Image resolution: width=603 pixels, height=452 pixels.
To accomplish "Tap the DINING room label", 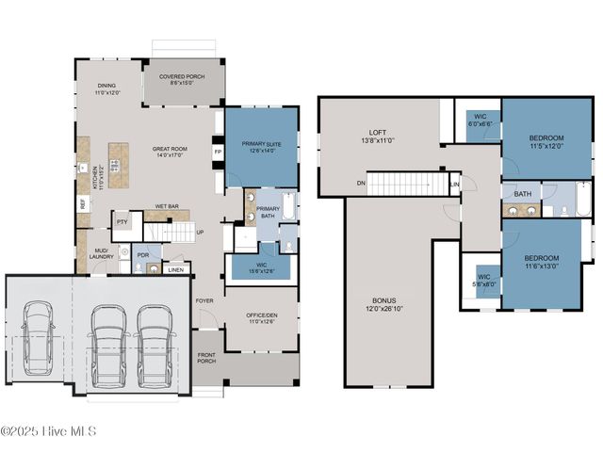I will pyautogui.click(x=106, y=87).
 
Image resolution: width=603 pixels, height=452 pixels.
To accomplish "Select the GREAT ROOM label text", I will pyautogui.click(x=171, y=149).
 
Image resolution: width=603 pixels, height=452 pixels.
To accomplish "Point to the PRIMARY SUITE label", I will pyautogui.click(x=261, y=143).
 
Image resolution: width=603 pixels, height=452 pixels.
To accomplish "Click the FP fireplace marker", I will pyautogui.click(x=218, y=152).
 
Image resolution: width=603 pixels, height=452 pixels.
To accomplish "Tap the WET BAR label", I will pyautogui.click(x=167, y=205).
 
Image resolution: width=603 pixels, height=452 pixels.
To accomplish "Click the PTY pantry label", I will pyautogui.click(x=122, y=222).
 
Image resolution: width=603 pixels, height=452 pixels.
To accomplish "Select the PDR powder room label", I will pyautogui.click(x=143, y=254).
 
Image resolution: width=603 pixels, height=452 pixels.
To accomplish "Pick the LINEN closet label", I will pyautogui.click(x=175, y=270).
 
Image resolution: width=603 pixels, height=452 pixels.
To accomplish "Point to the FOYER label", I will pyautogui.click(x=204, y=300).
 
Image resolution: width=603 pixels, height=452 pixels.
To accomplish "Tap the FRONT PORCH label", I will pyautogui.click(x=206, y=360).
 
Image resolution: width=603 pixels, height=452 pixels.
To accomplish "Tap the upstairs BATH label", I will pyautogui.click(x=522, y=194).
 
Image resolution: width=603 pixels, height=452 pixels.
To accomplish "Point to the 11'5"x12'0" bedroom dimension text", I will pyautogui.click(x=546, y=146).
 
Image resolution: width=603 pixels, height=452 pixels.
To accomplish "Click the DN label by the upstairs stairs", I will pyautogui.click(x=360, y=184).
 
